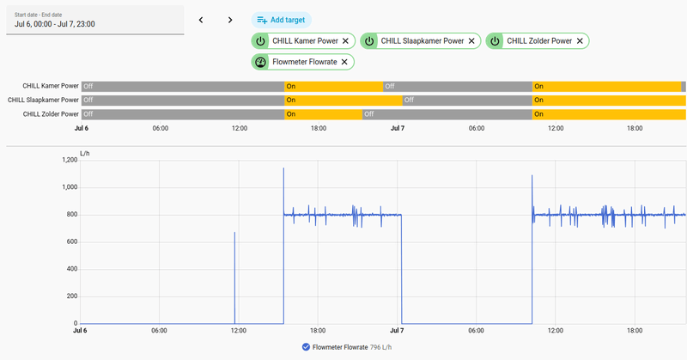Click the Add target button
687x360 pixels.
coord(282,20)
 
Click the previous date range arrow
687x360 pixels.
coord(201,20)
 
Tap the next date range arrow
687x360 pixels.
coord(230,20)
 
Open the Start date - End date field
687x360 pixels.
coord(95,20)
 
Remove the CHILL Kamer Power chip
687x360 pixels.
coord(345,40)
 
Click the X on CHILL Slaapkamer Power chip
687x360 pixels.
coord(471,40)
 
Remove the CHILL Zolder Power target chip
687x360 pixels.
coord(580,40)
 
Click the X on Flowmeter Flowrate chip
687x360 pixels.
coord(344,62)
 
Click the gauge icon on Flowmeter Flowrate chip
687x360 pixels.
coord(260,62)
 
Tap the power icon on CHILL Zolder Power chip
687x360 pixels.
coord(495,40)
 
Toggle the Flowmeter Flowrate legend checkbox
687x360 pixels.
coord(306,347)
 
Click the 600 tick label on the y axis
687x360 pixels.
coord(72,241)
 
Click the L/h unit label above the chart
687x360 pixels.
coord(84,154)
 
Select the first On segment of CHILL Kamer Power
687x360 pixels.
coord(333,87)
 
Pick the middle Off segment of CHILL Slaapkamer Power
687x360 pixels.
coord(467,100)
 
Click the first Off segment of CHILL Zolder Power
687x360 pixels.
coord(183,114)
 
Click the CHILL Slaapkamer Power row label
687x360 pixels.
coord(43,100)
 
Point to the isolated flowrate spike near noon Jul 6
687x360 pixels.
coord(234,278)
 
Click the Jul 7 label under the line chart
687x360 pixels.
coord(397,330)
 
